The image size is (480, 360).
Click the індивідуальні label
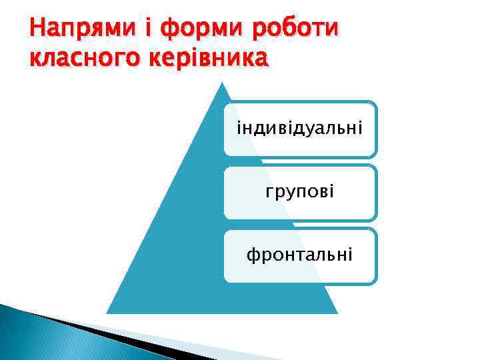[x=299, y=127]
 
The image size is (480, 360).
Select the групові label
[x=299, y=192]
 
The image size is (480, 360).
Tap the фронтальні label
[x=299, y=255]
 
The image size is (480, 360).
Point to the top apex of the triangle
[x=223, y=83]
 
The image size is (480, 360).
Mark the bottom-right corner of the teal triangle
[x=337, y=312]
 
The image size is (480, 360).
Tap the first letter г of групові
[x=268, y=193]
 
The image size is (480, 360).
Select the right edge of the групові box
[x=377, y=192]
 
